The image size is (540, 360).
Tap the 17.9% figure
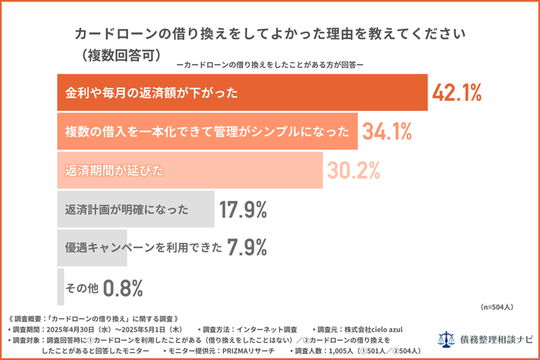coord(243,209)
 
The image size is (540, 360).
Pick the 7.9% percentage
coord(247,247)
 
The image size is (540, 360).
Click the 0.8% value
coord(123,288)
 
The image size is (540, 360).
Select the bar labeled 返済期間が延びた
coord(190,170)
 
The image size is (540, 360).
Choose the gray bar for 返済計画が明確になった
coord(136,209)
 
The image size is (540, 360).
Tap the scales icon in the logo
coord(447,339)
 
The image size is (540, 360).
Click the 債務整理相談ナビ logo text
coord(494,339)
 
